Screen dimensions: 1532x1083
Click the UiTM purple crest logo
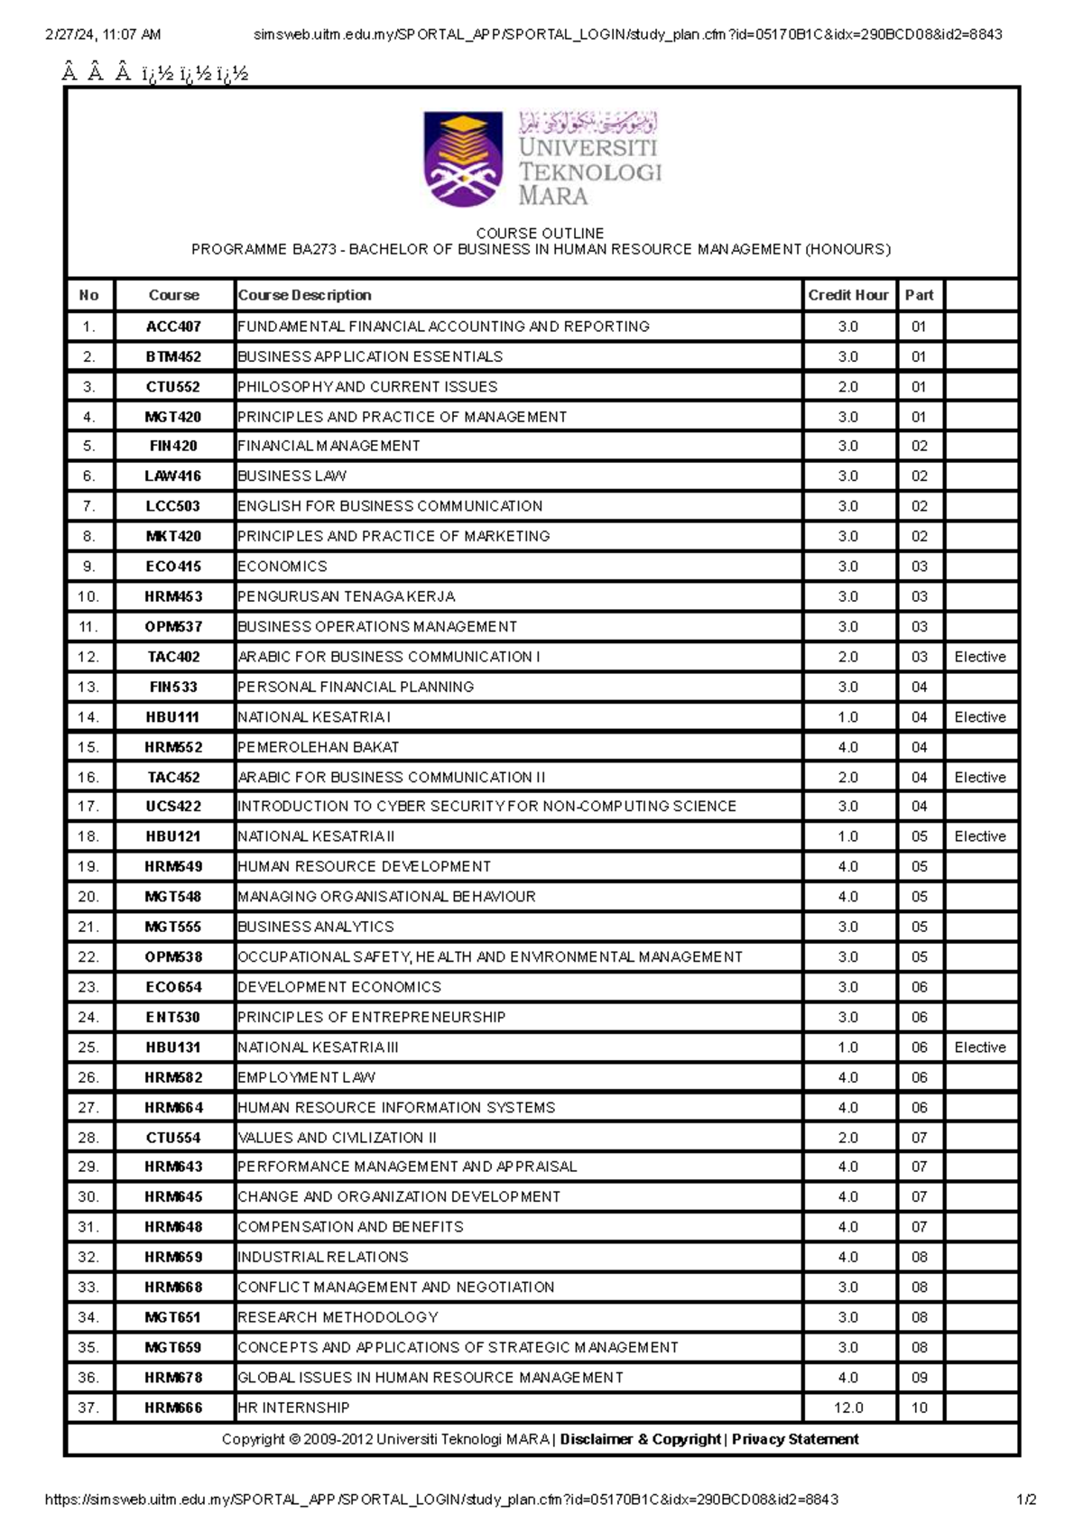(463, 160)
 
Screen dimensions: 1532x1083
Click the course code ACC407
(173, 327)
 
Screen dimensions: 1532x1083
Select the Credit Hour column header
(847, 295)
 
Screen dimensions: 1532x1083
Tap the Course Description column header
(304, 295)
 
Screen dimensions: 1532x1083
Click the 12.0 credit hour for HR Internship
(847, 1407)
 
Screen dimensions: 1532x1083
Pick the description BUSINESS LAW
(292, 475)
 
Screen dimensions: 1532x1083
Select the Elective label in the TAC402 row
(979, 657)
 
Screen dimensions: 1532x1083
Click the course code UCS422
(173, 806)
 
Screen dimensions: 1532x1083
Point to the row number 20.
(88, 897)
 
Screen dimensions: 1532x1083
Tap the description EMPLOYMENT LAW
(306, 1077)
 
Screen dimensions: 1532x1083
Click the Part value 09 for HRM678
(919, 1378)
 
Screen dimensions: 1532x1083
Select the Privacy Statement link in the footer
(795, 1439)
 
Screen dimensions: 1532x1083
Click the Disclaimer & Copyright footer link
(640, 1439)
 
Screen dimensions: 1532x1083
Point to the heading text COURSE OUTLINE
(540, 233)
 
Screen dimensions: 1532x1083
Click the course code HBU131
(173, 1047)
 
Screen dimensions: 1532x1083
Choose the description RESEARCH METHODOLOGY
(338, 1317)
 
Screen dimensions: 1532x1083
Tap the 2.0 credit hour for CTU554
(847, 1138)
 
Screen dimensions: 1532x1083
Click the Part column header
(919, 295)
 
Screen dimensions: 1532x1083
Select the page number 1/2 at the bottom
(1026, 1500)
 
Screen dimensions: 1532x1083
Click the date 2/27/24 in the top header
(70, 34)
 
